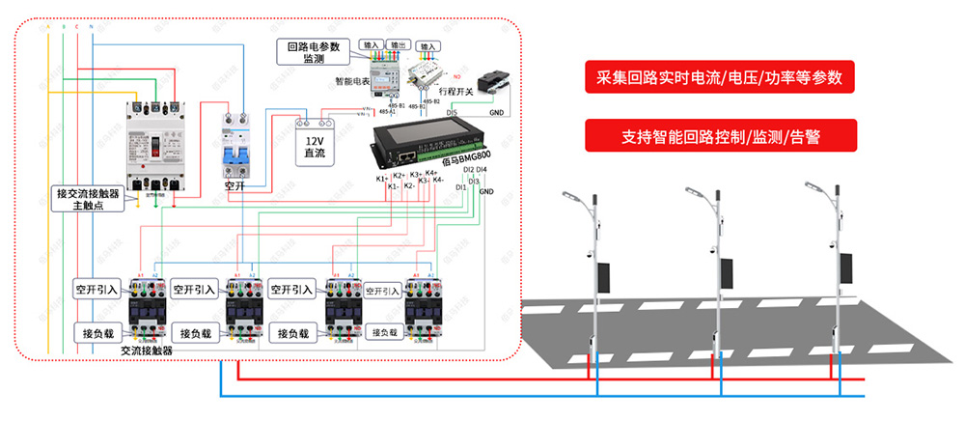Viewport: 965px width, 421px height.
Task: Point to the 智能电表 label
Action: [x=353, y=82]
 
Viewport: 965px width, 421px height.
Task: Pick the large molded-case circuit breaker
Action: [x=155, y=145]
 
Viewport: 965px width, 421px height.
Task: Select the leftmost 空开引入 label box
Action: [x=96, y=289]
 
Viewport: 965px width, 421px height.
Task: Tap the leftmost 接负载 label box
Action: [x=96, y=333]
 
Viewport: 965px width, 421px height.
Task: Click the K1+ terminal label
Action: [x=382, y=178]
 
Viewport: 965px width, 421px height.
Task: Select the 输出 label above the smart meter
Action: [x=397, y=45]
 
